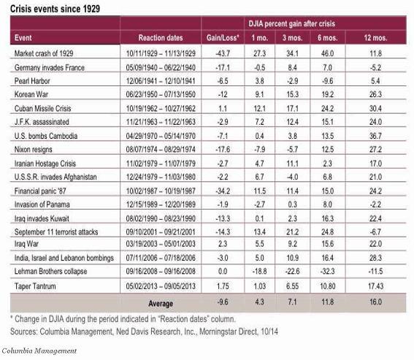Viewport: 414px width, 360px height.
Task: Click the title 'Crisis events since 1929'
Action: (52, 8)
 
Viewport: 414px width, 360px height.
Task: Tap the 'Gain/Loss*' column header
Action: (221, 36)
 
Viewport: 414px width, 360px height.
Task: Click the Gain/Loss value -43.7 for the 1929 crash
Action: (222, 53)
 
